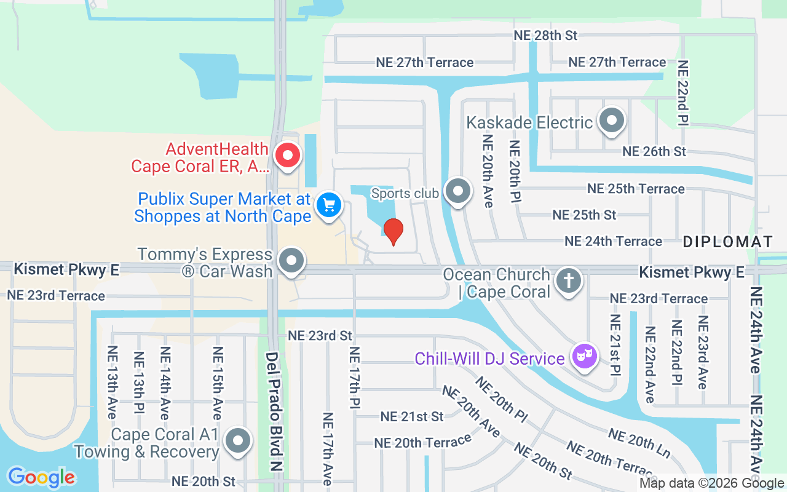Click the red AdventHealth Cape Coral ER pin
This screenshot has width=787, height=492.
[287, 156]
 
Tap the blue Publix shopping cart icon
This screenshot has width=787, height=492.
[328, 205]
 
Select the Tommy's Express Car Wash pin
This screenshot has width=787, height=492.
[291, 261]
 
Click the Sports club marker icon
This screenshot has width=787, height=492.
[457, 191]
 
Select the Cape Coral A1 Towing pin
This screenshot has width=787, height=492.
[238, 440]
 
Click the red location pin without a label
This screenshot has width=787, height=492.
[393, 231]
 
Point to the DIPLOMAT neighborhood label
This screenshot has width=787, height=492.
[727, 242]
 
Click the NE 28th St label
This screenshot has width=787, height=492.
[545, 35]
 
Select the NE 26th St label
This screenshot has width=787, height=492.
[654, 151]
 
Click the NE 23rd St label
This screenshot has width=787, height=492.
[320, 335]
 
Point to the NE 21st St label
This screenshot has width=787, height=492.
[412, 416]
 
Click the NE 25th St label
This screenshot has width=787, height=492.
[584, 215]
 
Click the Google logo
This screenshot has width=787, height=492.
[41, 477]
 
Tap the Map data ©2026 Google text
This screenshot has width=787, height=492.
[710, 483]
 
